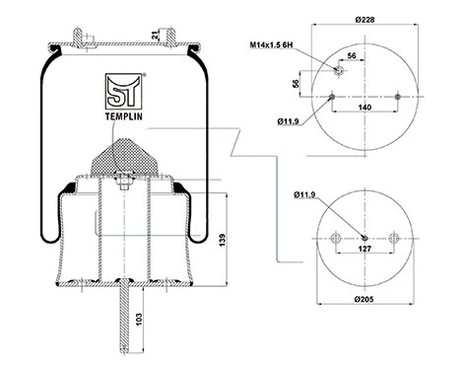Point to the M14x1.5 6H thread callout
[266, 44]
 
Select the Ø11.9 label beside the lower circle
[304, 193]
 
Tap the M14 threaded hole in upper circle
[338, 70]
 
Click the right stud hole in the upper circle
[397, 97]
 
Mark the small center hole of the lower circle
[365, 238]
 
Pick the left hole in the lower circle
[336, 238]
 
